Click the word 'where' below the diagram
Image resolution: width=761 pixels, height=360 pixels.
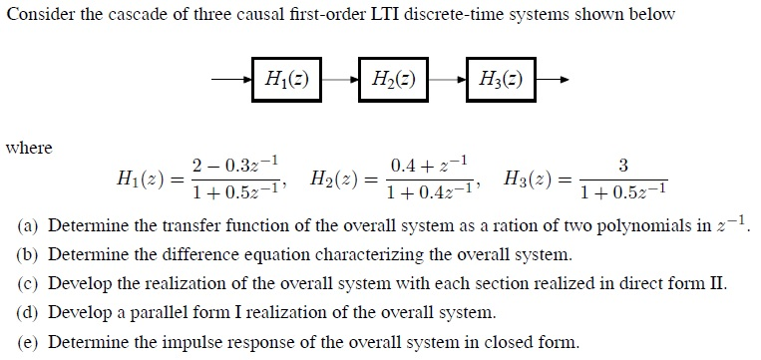pos(28,148)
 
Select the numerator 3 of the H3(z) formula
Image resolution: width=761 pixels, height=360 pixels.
pos(623,164)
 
